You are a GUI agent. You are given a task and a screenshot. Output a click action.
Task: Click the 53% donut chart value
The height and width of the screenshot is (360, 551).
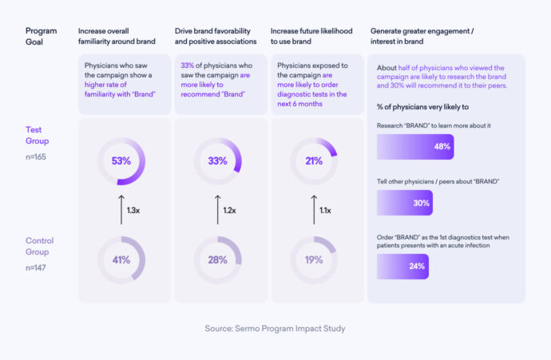pyautogui.click(x=121, y=160)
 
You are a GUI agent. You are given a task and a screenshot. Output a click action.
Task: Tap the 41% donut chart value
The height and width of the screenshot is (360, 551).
pyautogui.click(x=121, y=259)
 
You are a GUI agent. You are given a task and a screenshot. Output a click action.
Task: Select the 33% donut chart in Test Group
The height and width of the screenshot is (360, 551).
pyautogui.click(x=217, y=160)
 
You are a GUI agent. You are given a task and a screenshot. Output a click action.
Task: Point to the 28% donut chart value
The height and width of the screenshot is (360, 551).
pyautogui.click(x=217, y=259)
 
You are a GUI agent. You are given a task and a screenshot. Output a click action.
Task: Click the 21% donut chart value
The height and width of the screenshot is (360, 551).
pyautogui.click(x=313, y=160)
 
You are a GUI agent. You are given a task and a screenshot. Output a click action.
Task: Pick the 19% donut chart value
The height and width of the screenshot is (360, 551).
pyautogui.click(x=313, y=259)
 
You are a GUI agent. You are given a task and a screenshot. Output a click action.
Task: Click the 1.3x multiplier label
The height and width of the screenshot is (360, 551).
pyautogui.click(x=134, y=210)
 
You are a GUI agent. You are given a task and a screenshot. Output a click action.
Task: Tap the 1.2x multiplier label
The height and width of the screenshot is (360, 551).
pyautogui.click(x=230, y=210)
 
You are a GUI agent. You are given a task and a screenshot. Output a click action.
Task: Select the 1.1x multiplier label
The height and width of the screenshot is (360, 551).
pyautogui.click(x=326, y=210)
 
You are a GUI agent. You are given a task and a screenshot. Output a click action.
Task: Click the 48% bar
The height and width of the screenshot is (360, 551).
pyautogui.click(x=414, y=147)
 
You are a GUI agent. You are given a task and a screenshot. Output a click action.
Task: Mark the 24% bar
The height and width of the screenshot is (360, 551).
pyautogui.click(x=402, y=266)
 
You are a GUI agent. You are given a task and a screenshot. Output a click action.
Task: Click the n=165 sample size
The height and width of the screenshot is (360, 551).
pyautogui.click(x=37, y=158)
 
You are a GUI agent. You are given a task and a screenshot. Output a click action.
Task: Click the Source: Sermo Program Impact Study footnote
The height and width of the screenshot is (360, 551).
pyautogui.click(x=275, y=327)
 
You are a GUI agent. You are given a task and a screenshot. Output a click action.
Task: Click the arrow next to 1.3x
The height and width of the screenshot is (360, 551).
pyautogui.click(x=121, y=209)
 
